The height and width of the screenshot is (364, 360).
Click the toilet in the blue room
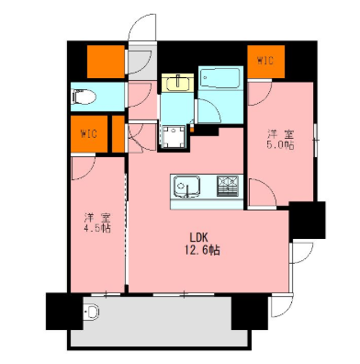[84, 97]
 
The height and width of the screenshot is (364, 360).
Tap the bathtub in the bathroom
[220, 78]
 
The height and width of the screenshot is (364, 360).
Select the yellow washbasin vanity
[177, 83]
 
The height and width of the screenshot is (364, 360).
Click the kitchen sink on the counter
[187, 187]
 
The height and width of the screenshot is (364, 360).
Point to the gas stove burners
[228, 186]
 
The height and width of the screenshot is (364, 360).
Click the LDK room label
[198, 237]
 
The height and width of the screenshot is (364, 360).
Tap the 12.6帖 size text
[202, 251]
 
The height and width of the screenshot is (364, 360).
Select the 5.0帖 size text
[280, 145]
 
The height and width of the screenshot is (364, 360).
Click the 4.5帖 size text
[97, 229]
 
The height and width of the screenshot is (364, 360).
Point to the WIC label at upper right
[265, 61]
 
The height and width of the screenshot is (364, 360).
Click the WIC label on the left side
[89, 133]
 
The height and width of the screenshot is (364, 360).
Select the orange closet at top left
[106, 62]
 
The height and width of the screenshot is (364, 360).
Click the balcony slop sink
[91, 313]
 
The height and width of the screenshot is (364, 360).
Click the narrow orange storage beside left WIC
[118, 133]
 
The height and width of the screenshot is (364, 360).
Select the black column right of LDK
[307, 220]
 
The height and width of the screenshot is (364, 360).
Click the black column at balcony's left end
[64, 311]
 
